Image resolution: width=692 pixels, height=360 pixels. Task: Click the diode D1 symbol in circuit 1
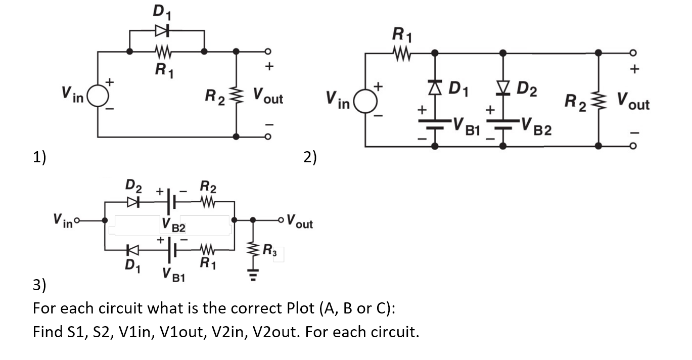point(161,31)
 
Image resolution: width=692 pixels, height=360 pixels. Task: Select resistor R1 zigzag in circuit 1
point(163,52)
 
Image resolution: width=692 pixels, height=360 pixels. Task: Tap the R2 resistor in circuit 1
point(236,95)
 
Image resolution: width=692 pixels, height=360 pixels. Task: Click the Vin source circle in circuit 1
point(98,95)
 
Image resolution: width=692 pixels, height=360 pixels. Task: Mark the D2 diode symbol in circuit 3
point(132,201)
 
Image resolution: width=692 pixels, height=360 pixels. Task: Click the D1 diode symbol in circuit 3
point(132,249)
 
